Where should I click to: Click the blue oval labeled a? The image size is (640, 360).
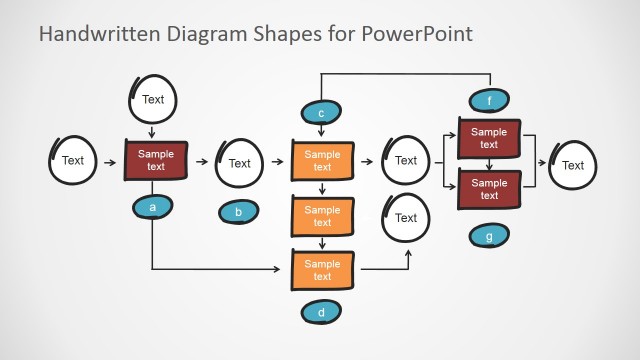pyautogui.click(x=153, y=207)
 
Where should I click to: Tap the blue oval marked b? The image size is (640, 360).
pyautogui.click(x=238, y=211)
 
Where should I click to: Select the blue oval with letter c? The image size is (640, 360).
pyautogui.click(x=322, y=113)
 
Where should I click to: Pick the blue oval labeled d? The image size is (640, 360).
pyautogui.click(x=321, y=312)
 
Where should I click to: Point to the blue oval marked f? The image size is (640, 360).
pyautogui.click(x=489, y=100)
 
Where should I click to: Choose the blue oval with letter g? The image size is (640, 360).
pyautogui.click(x=488, y=236)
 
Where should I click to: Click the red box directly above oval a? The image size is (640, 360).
pyautogui.click(x=155, y=160)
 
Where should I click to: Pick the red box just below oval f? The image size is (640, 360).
pyautogui.click(x=489, y=138)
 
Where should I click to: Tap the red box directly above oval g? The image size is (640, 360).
pyautogui.click(x=489, y=189)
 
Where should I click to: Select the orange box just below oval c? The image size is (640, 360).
pyautogui.click(x=322, y=160)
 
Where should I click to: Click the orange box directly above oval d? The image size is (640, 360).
pyautogui.click(x=322, y=269)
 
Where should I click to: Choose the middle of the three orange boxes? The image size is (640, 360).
pyautogui.click(x=322, y=215)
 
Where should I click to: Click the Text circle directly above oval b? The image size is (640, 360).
pyautogui.click(x=240, y=162)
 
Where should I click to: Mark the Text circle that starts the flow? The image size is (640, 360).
pyautogui.click(x=73, y=160)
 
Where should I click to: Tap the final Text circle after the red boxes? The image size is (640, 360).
pyautogui.click(x=572, y=165)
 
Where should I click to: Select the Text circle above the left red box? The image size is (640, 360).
pyautogui.click(x=153, y=99)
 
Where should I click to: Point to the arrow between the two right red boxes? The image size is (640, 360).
pyautogui.click(x=489, y=163)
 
